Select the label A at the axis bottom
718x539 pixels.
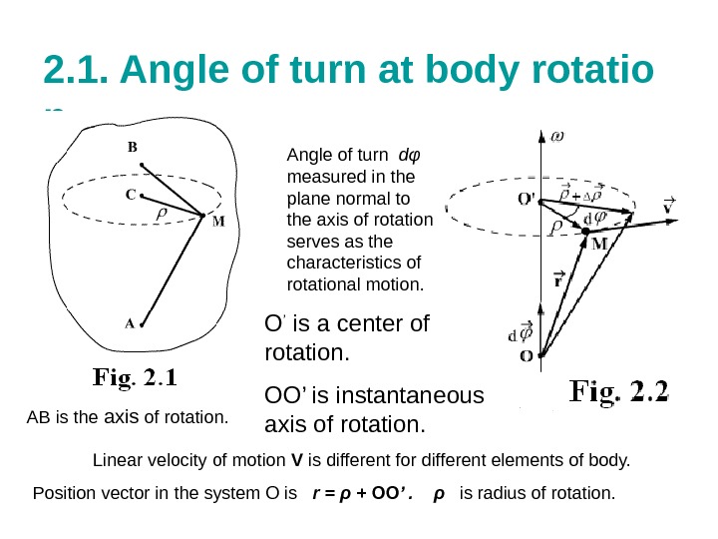pyautogui.click(x=129, y=323)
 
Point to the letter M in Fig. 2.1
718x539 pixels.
pyautogui.click(x=218, y=222)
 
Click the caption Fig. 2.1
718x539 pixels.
pyautogui.click(x=136, y=379)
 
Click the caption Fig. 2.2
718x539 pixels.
pyautogui.click(x=619, y=390)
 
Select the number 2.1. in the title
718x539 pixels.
pyautogui.click(x=78, y=72)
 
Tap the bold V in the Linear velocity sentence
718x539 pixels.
pyautogui.click(x=295, y=461)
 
